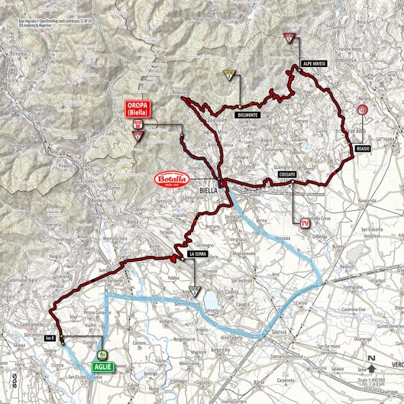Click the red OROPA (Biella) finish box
coord(137,108)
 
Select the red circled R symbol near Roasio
coord(362,111)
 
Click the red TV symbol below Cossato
coord(304,222)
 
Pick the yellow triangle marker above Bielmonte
coord(228,75)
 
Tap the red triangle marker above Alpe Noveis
coord(288,38)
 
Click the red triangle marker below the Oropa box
coord(138,137)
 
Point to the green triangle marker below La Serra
coord(195,290)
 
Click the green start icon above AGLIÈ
coord(101,354)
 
